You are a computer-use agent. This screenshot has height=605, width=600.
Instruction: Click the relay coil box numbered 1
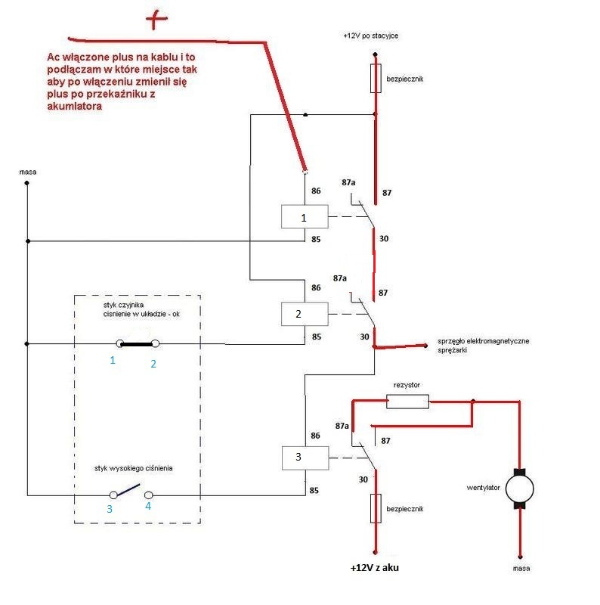(x=305, y=217)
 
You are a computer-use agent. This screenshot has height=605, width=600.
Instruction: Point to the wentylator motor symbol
(x=518, y=489)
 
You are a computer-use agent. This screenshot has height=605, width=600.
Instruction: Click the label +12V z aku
(x=373, y=568)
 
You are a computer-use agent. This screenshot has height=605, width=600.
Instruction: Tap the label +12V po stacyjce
(x=376, y=36)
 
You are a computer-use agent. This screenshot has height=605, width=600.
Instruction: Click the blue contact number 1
(x=113, y=361)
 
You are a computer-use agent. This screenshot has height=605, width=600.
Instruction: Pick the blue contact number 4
(x=148, y=506)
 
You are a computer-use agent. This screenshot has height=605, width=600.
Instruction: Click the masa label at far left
(x=28, y=172)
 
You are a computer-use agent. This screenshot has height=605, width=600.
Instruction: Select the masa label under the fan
(x=519, y=567)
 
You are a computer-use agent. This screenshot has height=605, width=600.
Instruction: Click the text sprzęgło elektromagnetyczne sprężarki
(x=483, y=346)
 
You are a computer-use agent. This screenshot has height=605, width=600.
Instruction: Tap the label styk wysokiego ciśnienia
(x=134, y=469)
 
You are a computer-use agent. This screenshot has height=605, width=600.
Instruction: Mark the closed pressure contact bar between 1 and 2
(x=137, y=343)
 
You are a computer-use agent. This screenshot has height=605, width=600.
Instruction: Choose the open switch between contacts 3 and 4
(x=131, y=491)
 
